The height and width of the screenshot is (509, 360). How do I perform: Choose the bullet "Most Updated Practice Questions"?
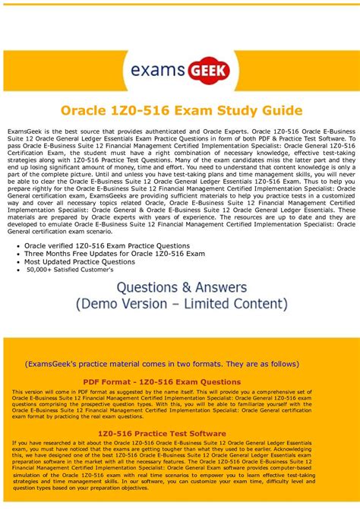[x=79, y=261]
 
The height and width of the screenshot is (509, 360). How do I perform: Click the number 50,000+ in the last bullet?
[x=42, y=270]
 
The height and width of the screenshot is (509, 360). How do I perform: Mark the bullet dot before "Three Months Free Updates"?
[x=17, y=254]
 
